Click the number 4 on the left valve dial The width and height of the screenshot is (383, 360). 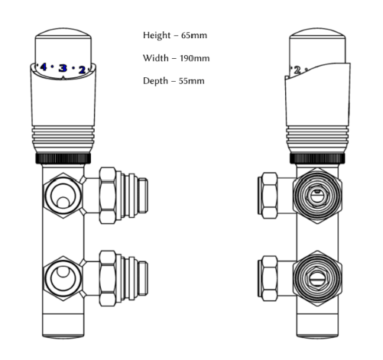coord(43,67)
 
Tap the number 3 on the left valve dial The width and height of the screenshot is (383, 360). coord(63,68)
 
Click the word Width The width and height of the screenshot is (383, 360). coord(155,58)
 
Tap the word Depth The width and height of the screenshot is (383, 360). coord(156,81)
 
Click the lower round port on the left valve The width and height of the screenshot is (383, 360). coord(61,274)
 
